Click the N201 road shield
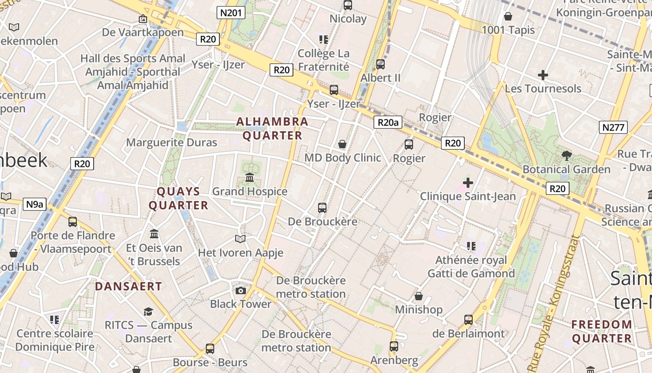tap(231, 13)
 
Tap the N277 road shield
tap(614, 127)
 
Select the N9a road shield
tap(35, 204)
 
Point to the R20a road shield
tap(388, 123)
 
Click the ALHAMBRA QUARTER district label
tap(272, 129)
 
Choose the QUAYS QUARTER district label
tap(178, 198)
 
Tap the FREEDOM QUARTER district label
tap(602, 331)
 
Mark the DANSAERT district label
tap(129, 286)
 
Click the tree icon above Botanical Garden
tap(566, 156)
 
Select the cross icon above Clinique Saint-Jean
tap(468, 183)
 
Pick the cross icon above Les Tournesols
tap(543, 75)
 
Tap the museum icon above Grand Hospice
tap(250, 178)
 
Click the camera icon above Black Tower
tap(240, 290)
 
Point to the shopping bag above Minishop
tap(419, 296)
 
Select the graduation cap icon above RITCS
tap(148, 311)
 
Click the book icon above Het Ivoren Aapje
tap(240, 239)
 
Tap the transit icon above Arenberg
tap(394, 346)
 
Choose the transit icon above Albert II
tap(380, 64)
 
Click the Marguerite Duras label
tap(172, 142)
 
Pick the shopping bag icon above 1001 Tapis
tap(508, 16)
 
